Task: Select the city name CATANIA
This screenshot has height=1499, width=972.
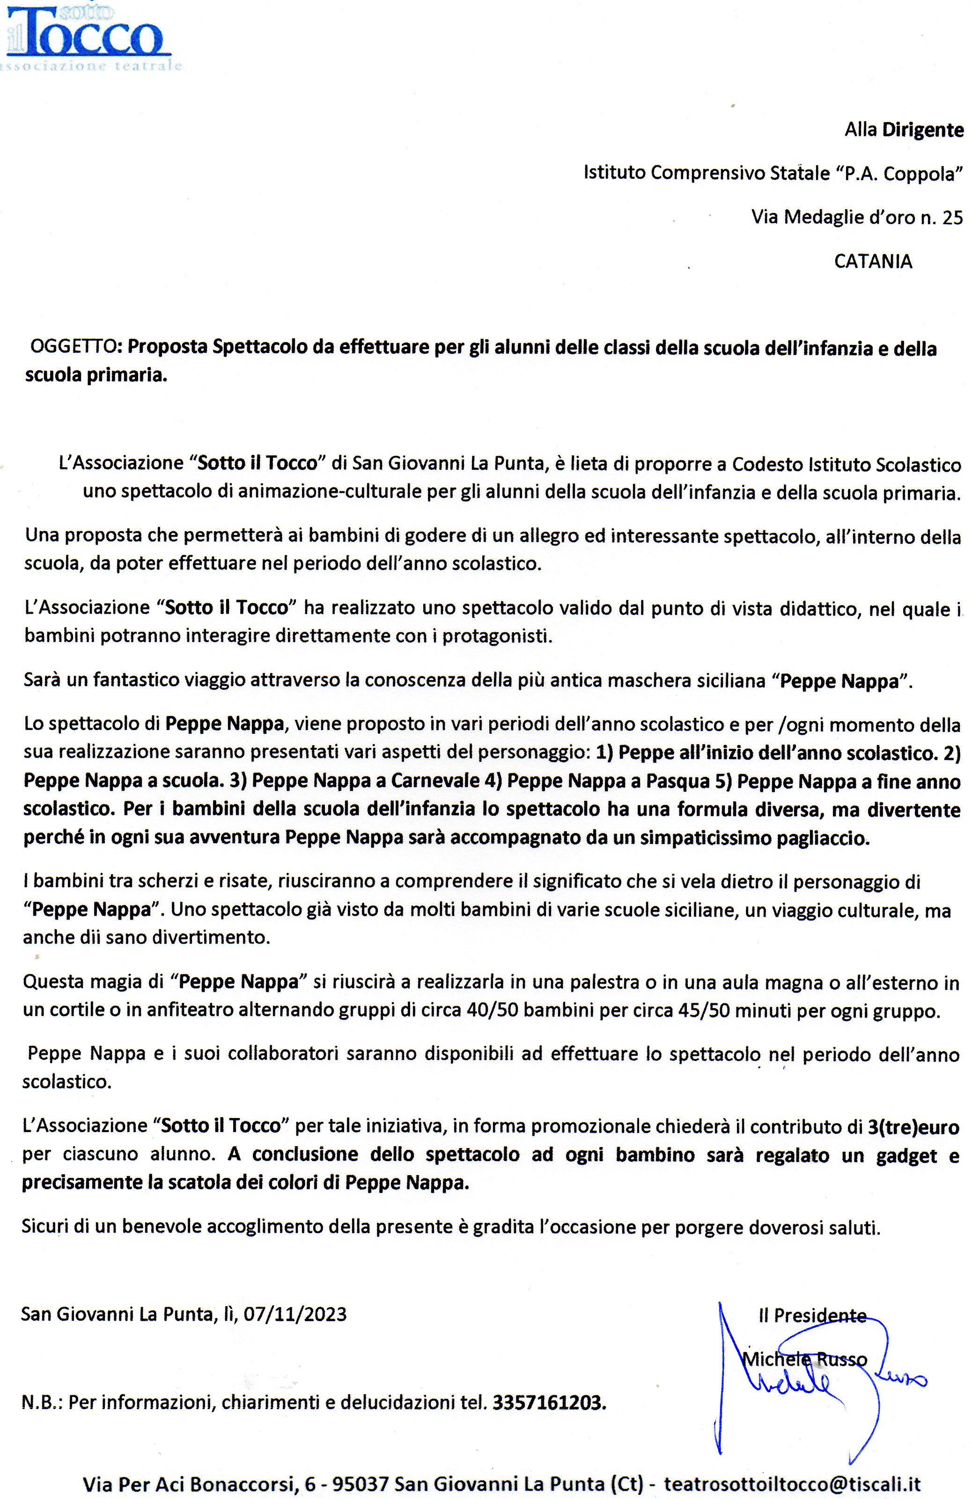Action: click(872, 262)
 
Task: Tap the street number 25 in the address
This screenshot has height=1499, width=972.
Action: click(952, 217)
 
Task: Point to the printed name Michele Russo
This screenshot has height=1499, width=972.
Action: click(804, 1359)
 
